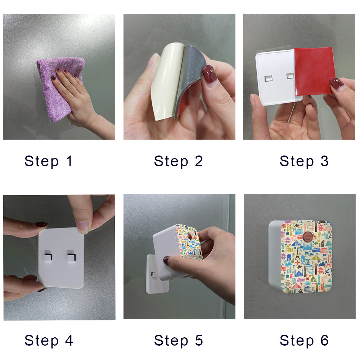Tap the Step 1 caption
49,161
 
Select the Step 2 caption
179,161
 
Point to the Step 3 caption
304,161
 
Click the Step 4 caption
49,341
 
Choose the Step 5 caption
179,341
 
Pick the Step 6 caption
304,341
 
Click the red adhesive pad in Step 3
314,71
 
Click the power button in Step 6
307,237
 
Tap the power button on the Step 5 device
189,235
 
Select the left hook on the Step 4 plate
48,256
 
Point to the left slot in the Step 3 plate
269,78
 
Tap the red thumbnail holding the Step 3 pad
337,84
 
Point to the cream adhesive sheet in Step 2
165,80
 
